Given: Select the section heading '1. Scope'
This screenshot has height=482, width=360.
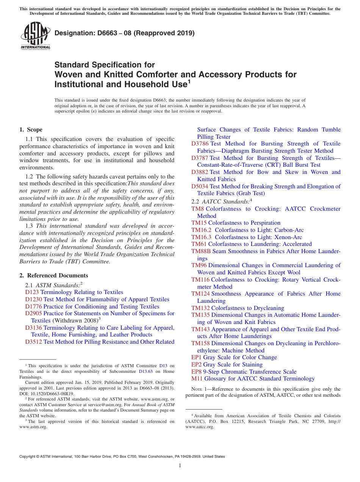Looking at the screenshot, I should click(x=31, y=130).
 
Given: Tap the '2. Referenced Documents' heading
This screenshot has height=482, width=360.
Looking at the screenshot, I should click(x=54, y=275).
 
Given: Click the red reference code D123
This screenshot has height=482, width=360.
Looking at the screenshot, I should click(x=32, y=292).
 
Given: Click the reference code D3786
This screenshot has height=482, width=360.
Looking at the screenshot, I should click(x=200, y=144).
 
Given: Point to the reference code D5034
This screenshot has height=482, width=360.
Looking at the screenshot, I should click(x=200, y=186).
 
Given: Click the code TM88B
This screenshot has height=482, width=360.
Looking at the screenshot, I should click(x=201, y=251).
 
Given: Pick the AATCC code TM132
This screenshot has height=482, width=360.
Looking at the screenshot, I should click(x=200, y=308).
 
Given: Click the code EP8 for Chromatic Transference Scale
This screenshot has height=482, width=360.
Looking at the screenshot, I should click(x=196, y=372).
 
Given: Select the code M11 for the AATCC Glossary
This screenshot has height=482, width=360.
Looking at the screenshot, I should click(x=197, y=379).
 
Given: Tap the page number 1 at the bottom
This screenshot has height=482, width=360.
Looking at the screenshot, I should click(x=180, y=466).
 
